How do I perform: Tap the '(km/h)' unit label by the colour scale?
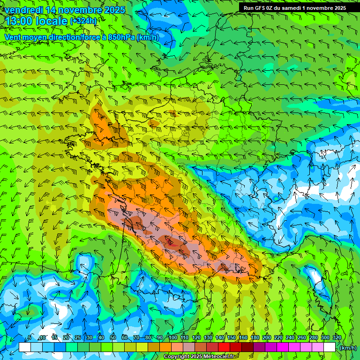[348, 347]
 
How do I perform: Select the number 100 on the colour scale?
[172, 338]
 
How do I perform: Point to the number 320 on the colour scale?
[337, 338]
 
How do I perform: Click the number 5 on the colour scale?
[30, 338]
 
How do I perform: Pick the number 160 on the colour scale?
[243, 338]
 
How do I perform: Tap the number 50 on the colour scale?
[113, 338]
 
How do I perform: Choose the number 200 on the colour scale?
[266, 338]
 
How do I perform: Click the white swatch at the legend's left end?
[25, 347]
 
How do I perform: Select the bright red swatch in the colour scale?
[224, 347]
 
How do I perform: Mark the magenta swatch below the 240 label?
[294, 347]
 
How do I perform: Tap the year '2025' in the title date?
[113, 10]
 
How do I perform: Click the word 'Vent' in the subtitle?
[13, 37]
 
